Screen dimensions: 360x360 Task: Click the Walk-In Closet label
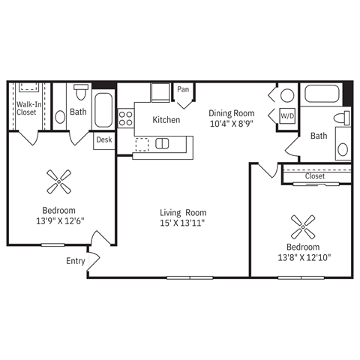tap(26, 109)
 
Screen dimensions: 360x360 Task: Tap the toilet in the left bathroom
tap(81, 94)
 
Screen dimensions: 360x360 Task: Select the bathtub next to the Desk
tap(103, 111)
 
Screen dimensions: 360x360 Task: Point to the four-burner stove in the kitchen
tap(126, 118)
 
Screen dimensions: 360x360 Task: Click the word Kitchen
tap(166, 120)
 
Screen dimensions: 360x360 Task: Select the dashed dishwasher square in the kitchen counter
tap(142, 143)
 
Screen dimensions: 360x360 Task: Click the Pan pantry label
tap(183, 90)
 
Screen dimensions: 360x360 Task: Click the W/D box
tap(287, 116)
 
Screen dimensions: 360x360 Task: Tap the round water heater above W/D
tap(287, 96)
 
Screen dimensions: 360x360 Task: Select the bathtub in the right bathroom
tap(321, 96)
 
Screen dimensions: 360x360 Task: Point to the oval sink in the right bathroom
tap(343, 148)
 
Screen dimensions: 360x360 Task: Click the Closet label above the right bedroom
tap(315, 177)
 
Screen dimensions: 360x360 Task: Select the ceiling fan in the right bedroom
tap(302, 223)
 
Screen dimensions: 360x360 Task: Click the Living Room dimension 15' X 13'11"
tap(183, 223)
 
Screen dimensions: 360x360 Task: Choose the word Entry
tap(76, 261)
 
